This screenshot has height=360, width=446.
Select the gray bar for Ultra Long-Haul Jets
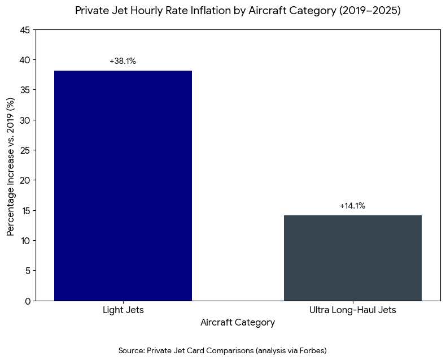tap(352, 258)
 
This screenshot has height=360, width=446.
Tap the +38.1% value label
tap(123, 61)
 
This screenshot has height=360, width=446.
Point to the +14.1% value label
tap(352, 206)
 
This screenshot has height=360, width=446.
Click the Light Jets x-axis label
tap(123, 310)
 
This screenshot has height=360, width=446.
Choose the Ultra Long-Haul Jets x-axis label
tap(352, 310)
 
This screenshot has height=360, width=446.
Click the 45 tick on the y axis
tap(25, 30)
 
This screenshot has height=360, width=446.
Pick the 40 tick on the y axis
tap(25, 60)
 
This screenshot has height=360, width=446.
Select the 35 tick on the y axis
tap(25, 90)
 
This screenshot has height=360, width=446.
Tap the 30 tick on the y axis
tap(25, 120)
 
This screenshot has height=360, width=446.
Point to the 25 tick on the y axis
tap(25, 150)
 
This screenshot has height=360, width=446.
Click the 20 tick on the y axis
tap(25, 180)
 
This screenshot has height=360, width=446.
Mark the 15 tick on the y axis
tap(25, 210)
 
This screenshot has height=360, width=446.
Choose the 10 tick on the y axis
tap(25, 241)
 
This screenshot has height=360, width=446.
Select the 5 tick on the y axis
tap(28, 271)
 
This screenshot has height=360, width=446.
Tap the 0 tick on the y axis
tap(28, 301)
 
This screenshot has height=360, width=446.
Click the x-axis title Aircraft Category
tap(238, 323)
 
